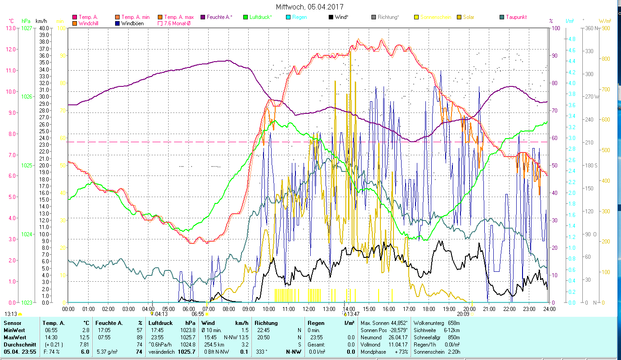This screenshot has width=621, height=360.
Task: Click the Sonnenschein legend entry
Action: click(436, 17)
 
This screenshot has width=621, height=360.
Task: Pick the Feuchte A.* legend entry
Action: click(219, 17)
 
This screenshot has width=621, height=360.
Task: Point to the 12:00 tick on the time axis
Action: click(309, 309)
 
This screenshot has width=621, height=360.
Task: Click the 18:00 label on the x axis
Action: click(429, 309)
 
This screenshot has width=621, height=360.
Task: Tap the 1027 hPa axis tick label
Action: click(27, 28)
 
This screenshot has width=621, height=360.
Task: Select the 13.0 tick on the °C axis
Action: click(10, 28)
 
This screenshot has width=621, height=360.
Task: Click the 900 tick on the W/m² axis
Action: click(605, 28)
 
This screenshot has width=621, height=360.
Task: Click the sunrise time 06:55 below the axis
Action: click(198, 314)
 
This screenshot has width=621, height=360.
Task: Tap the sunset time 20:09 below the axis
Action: click(463, 314)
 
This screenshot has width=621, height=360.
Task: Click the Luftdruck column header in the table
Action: click(160, 323)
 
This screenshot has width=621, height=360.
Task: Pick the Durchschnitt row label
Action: click(18, 344)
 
